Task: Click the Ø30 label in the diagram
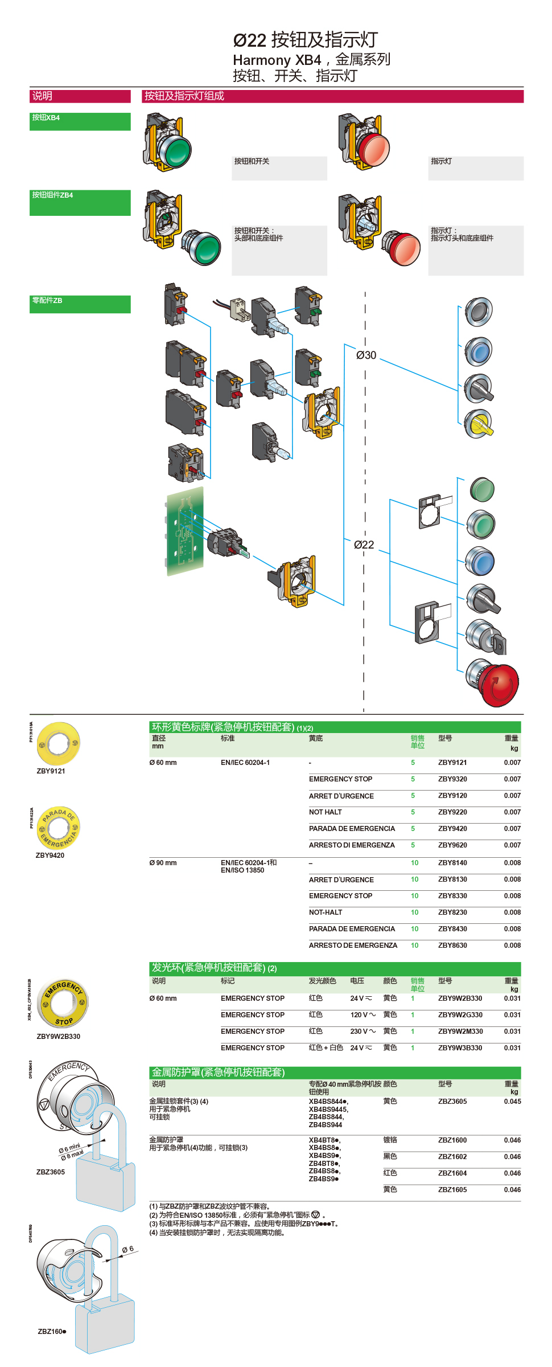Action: (366, 355)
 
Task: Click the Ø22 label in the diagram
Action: (364, 545)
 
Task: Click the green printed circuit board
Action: (185, 531)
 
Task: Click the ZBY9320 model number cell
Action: (452, 779)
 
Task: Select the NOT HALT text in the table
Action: (326, 812)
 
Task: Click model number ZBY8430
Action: (452, 929)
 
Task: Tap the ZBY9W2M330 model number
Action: (460, 1032)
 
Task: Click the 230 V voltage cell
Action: (362, 1032)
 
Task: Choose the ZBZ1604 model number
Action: (452, 1173)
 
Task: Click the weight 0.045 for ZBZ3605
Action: (512, 1102)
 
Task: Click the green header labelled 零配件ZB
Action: (80, 304)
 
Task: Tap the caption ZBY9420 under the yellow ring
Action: (50, 856)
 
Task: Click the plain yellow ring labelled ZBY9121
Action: (58, 744)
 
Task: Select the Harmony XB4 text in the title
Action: (277, 60)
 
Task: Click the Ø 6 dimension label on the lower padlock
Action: (127, 1249)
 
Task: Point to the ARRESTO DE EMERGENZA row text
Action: (353, 946)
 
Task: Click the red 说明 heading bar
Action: (80, 96)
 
